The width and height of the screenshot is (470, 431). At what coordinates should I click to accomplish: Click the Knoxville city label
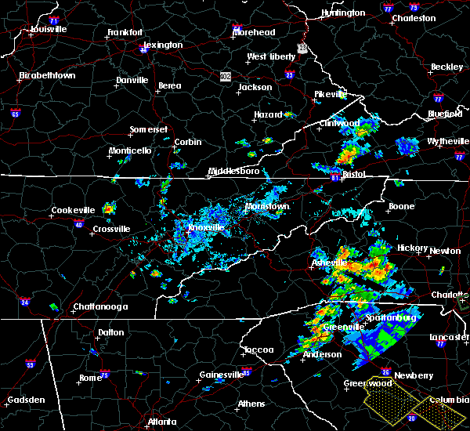click(x=207, y=227)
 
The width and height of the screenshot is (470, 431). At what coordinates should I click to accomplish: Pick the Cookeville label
click(x=73, y=210)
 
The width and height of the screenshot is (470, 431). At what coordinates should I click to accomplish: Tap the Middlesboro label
click(x=233, y=171)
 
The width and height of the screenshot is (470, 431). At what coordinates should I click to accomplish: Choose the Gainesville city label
click(x=217, y=375)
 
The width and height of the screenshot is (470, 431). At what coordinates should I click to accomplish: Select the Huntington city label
click(x=343, y=13)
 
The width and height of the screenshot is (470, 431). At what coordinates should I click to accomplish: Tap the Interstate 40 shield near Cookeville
click(x=78, y=225)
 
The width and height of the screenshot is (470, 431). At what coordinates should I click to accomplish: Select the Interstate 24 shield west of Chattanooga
click(x=24, y=301)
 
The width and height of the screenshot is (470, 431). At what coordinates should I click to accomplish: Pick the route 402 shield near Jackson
click(x=226, y=76)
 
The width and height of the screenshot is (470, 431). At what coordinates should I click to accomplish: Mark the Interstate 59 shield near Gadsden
click(x=31, y=364)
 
